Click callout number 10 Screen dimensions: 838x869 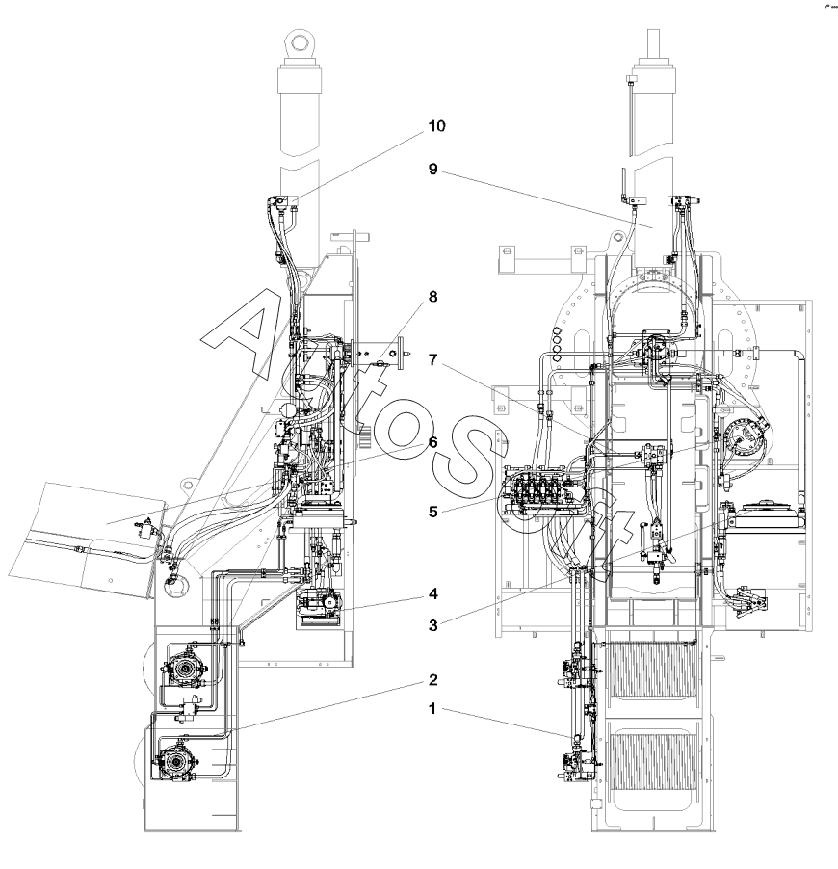pyautogui.click(x=436, y=126)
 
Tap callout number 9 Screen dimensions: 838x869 pyautogui.click(x=433, y=169)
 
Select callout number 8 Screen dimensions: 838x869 pyautogui.click(x=433, y=297)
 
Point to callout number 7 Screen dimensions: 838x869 pyautogui.click(x=433, y=360)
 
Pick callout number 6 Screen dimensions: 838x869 pyautogui.click(x=433, y=442)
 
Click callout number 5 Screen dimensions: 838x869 pyautogui.click(x=433, y=512)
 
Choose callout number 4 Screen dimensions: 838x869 pyautogui.click(x=433, y=594)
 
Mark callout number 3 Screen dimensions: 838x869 pyautogui.click(x=433, y=625)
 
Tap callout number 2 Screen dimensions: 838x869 pyautogui.click(x=433, y=680)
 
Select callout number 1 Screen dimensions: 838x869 pyautogui.click(x=432, y=709)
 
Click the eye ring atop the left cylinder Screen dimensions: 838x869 pyautogui.click(x=300, y=42)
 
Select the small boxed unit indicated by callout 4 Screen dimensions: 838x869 pyautogui.click(x=320, y=607)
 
